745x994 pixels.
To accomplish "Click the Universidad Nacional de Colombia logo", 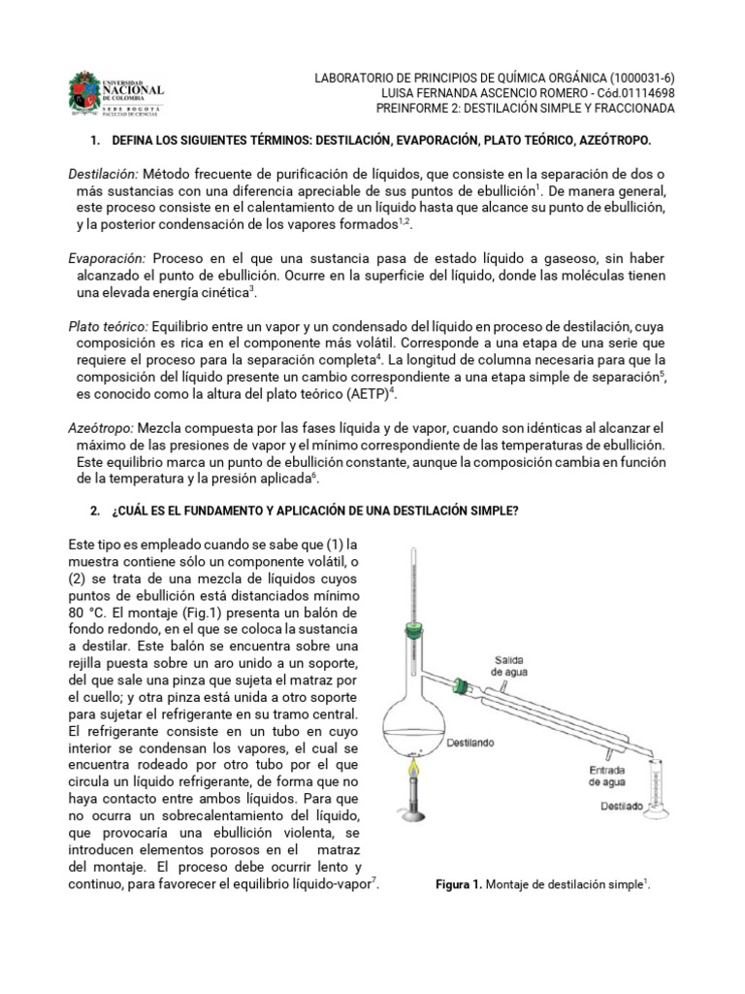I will [x=115, y=93].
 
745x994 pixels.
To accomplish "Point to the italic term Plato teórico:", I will [x=108, y=327].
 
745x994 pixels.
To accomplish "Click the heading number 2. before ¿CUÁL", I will [x=95, y=512].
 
